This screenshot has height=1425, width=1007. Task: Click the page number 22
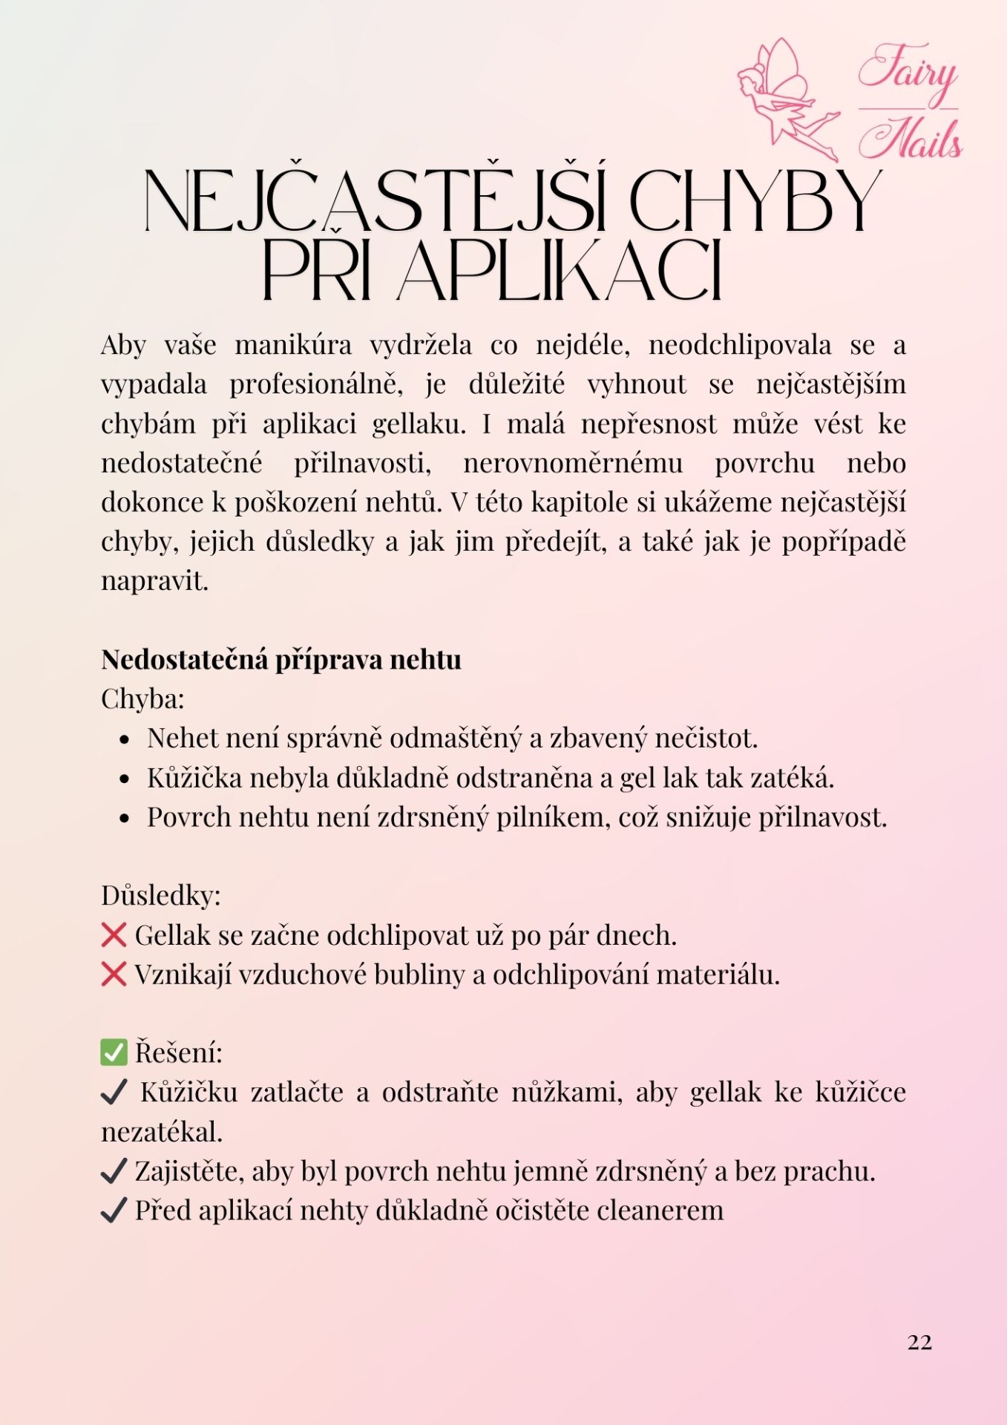pos(919,1342)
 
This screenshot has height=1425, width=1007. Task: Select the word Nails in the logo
pos(911,139)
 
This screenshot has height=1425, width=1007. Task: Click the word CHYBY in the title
pos(755,201)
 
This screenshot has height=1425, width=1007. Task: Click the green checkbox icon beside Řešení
pos(114,1052)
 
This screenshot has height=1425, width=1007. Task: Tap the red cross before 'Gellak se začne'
pos(114,935)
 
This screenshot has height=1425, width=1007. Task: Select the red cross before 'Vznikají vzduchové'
pos(114,974)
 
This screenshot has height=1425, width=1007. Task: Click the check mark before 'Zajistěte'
pos(114,1172)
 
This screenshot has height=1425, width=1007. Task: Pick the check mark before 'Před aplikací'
pos(114,1211)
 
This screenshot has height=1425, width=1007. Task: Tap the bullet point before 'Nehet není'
pos(125,740)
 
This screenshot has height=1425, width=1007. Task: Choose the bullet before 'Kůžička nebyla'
pos(125,779)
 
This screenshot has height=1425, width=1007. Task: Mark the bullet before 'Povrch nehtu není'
pos(125,819)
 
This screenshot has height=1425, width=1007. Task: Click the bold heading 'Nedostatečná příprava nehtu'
pos(281,659)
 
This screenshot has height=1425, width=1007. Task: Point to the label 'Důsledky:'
pos(161,895)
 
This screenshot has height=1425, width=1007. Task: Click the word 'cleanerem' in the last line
pos(660,1211)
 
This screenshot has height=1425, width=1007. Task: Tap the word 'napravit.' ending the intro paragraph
pos(154,581)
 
